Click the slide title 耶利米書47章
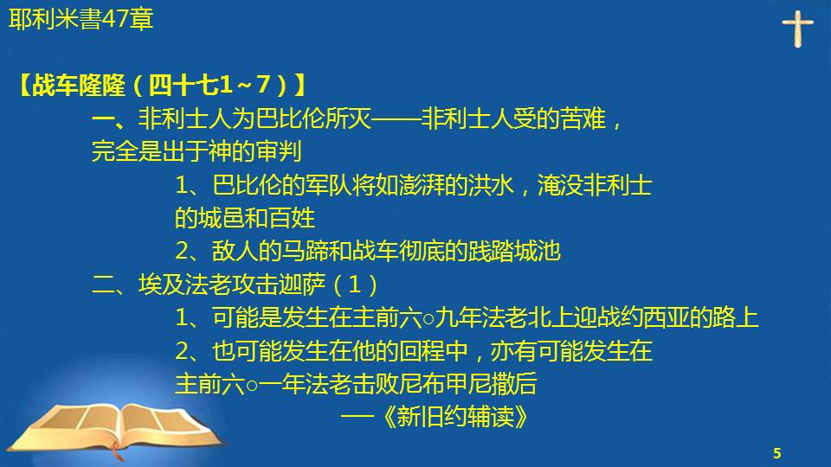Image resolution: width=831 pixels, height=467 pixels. (81, 20)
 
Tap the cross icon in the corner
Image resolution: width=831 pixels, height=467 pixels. (797, 29)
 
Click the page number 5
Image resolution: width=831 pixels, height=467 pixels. (777, 453)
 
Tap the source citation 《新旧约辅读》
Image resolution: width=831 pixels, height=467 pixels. (454, 417)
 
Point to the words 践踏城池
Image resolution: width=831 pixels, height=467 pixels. (514, 251)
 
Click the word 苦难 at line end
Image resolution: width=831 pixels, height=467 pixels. (583, 118)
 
